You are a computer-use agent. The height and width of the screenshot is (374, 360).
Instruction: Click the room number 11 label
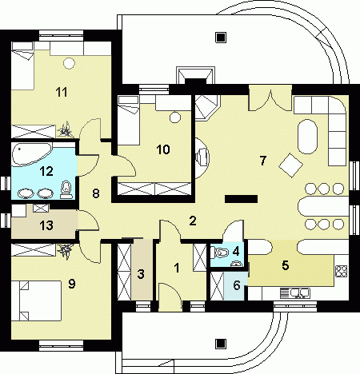pyautogui.click(x=62, y=92)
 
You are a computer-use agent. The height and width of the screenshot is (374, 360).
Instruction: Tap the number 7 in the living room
pyautogui.click(x=263, y=161)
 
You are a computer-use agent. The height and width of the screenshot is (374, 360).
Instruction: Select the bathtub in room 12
pyautogui.click(x=32, y=154)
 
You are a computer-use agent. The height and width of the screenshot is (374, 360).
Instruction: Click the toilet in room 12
pyautogui.click(x=66, y=189)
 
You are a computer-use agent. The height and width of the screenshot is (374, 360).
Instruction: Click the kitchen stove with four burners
pyautogui.click(x=341, y=272)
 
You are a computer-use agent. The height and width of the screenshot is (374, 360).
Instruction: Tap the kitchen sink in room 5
pyautogui.click(x=295, y=293)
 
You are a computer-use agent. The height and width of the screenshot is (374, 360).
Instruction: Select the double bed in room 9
pyautogui.click(x=36, y=300)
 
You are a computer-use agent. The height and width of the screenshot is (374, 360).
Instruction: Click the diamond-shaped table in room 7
pyautogui.click(x=290, y=165)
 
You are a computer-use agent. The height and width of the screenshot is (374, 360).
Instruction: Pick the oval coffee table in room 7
pyautogui.click(x=308, y=137)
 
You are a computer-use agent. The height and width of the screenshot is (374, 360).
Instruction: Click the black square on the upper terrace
pyautogui.click(x=221, y=38)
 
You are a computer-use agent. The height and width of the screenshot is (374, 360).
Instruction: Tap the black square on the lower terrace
pyautogui.click(x=221, y=344)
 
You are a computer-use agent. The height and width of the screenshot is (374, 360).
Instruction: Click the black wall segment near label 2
pyautogui.click(x=241, y=199)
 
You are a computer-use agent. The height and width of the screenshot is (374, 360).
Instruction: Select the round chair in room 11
pyautogui.click(x=69, y=63)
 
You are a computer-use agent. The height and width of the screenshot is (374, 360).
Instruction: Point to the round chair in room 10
pyautogui.click(x=175, y=117)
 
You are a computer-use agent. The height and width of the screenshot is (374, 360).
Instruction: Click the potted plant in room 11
pyautogui.click(x=65, y=130)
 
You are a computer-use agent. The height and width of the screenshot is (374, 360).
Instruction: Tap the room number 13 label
pyautogui.click(x=46, y=225)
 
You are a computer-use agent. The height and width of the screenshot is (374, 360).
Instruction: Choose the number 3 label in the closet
pyautogui.click(x=141, y=274)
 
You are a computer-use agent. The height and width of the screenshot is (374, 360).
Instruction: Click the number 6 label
pyautogui.click(x=237, y=285)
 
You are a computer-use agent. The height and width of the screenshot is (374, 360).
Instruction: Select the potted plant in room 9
pyautogui.click(x=66, y=251)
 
